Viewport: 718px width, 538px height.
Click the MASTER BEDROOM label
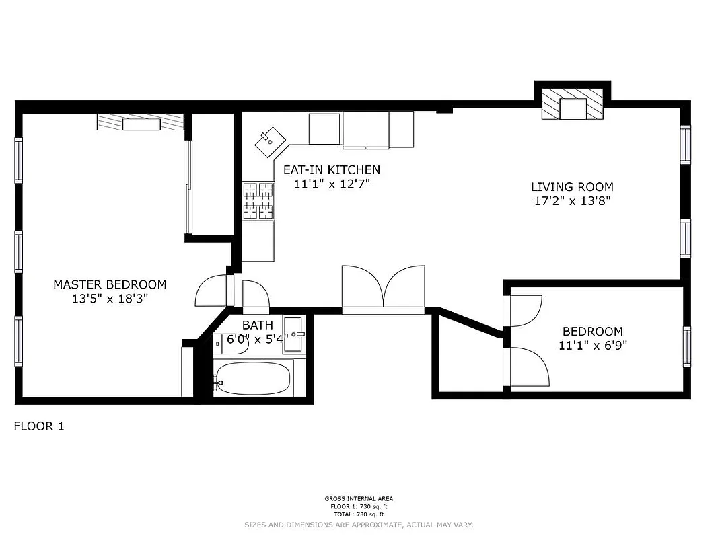tap(110, 284)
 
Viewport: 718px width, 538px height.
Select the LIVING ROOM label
tap(572, 187)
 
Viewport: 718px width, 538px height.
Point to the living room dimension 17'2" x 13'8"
tap(572, 200)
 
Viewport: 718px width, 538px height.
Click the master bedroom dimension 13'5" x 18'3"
tap(110, 299)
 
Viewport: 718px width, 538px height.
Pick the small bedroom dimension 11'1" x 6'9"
tap(592, 346)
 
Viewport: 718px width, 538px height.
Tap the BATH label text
tap(258, 326)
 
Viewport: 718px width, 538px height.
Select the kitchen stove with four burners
tap(258, 201)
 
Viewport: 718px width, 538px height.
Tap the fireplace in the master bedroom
tap(141, 122)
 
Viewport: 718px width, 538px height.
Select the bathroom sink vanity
tap(294, 334)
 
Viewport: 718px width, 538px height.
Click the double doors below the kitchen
tap(383, 289)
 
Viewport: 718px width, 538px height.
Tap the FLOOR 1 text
tap(39, 426)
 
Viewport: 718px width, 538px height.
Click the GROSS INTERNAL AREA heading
tap(358, 499)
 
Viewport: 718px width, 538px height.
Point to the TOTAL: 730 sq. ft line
tap(358, 515)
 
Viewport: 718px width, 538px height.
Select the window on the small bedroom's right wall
tap(686, 346)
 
